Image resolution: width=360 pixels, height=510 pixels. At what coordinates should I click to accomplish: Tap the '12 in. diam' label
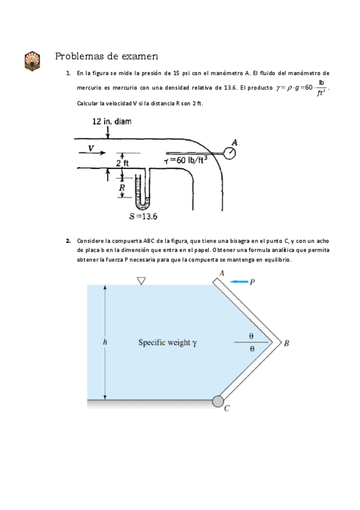coord(112,121)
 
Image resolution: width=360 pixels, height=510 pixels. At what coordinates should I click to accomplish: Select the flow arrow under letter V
coord(91,154)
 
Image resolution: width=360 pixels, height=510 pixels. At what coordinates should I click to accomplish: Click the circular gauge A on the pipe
coord(230,153)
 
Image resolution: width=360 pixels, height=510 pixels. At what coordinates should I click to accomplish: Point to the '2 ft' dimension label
coord(122,163)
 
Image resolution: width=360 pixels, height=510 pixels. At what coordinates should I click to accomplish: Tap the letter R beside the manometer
coord(122,188)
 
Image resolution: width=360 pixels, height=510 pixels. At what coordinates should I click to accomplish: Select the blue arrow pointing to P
coord(239,281)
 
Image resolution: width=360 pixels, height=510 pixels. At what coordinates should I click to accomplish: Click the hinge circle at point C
coord(218,401)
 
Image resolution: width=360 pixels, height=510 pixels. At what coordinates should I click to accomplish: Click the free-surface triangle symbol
coord(141,281)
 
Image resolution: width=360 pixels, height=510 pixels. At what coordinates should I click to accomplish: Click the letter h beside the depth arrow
coord(105,342)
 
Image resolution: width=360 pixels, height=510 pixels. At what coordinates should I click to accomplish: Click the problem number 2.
coord(69,241)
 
